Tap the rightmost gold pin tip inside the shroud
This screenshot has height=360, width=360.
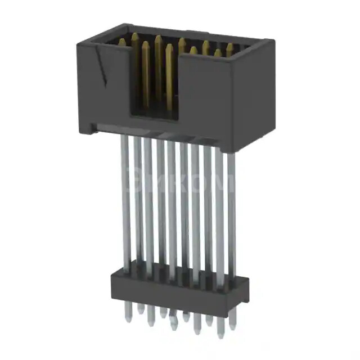coord(229,47)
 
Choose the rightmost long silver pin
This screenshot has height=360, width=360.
coord(231,219)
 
